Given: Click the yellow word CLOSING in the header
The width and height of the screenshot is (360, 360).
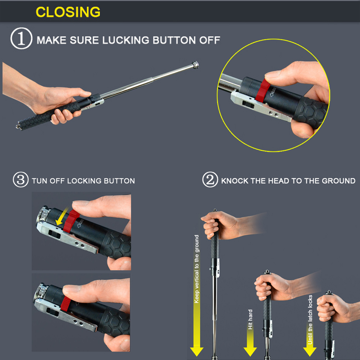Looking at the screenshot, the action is (x=68, y=12).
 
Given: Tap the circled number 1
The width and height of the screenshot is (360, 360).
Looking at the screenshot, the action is (x=21, y=39).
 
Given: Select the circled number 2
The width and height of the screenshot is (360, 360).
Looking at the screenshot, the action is (x=210, y=180).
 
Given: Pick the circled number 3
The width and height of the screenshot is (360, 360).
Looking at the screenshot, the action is (x=21, y=180).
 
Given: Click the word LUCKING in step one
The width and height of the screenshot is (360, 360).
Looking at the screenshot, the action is (x=126, y=40).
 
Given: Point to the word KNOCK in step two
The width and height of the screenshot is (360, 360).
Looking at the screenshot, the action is (x=235, y=181).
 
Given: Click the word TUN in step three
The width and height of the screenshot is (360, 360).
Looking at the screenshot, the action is (x=40, y=181).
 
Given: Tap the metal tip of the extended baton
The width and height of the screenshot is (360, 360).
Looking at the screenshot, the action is (x=195, y=65).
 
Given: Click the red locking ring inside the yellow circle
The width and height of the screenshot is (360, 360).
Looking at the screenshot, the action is (x=263, y=91).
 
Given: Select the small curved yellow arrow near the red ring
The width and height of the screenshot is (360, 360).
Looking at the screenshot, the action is (x=62, y=216).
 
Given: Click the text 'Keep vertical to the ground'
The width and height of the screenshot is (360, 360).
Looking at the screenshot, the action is (x=197, y=269).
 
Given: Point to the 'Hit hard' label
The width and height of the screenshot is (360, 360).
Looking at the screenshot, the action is (x=250, y=319).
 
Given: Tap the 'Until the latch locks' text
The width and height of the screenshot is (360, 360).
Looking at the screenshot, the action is (x=310, y=320).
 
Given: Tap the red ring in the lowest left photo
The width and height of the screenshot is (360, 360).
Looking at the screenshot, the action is (x=66, y=303).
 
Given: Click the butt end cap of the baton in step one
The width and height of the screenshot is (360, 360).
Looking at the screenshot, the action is (x=18, y=126).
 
